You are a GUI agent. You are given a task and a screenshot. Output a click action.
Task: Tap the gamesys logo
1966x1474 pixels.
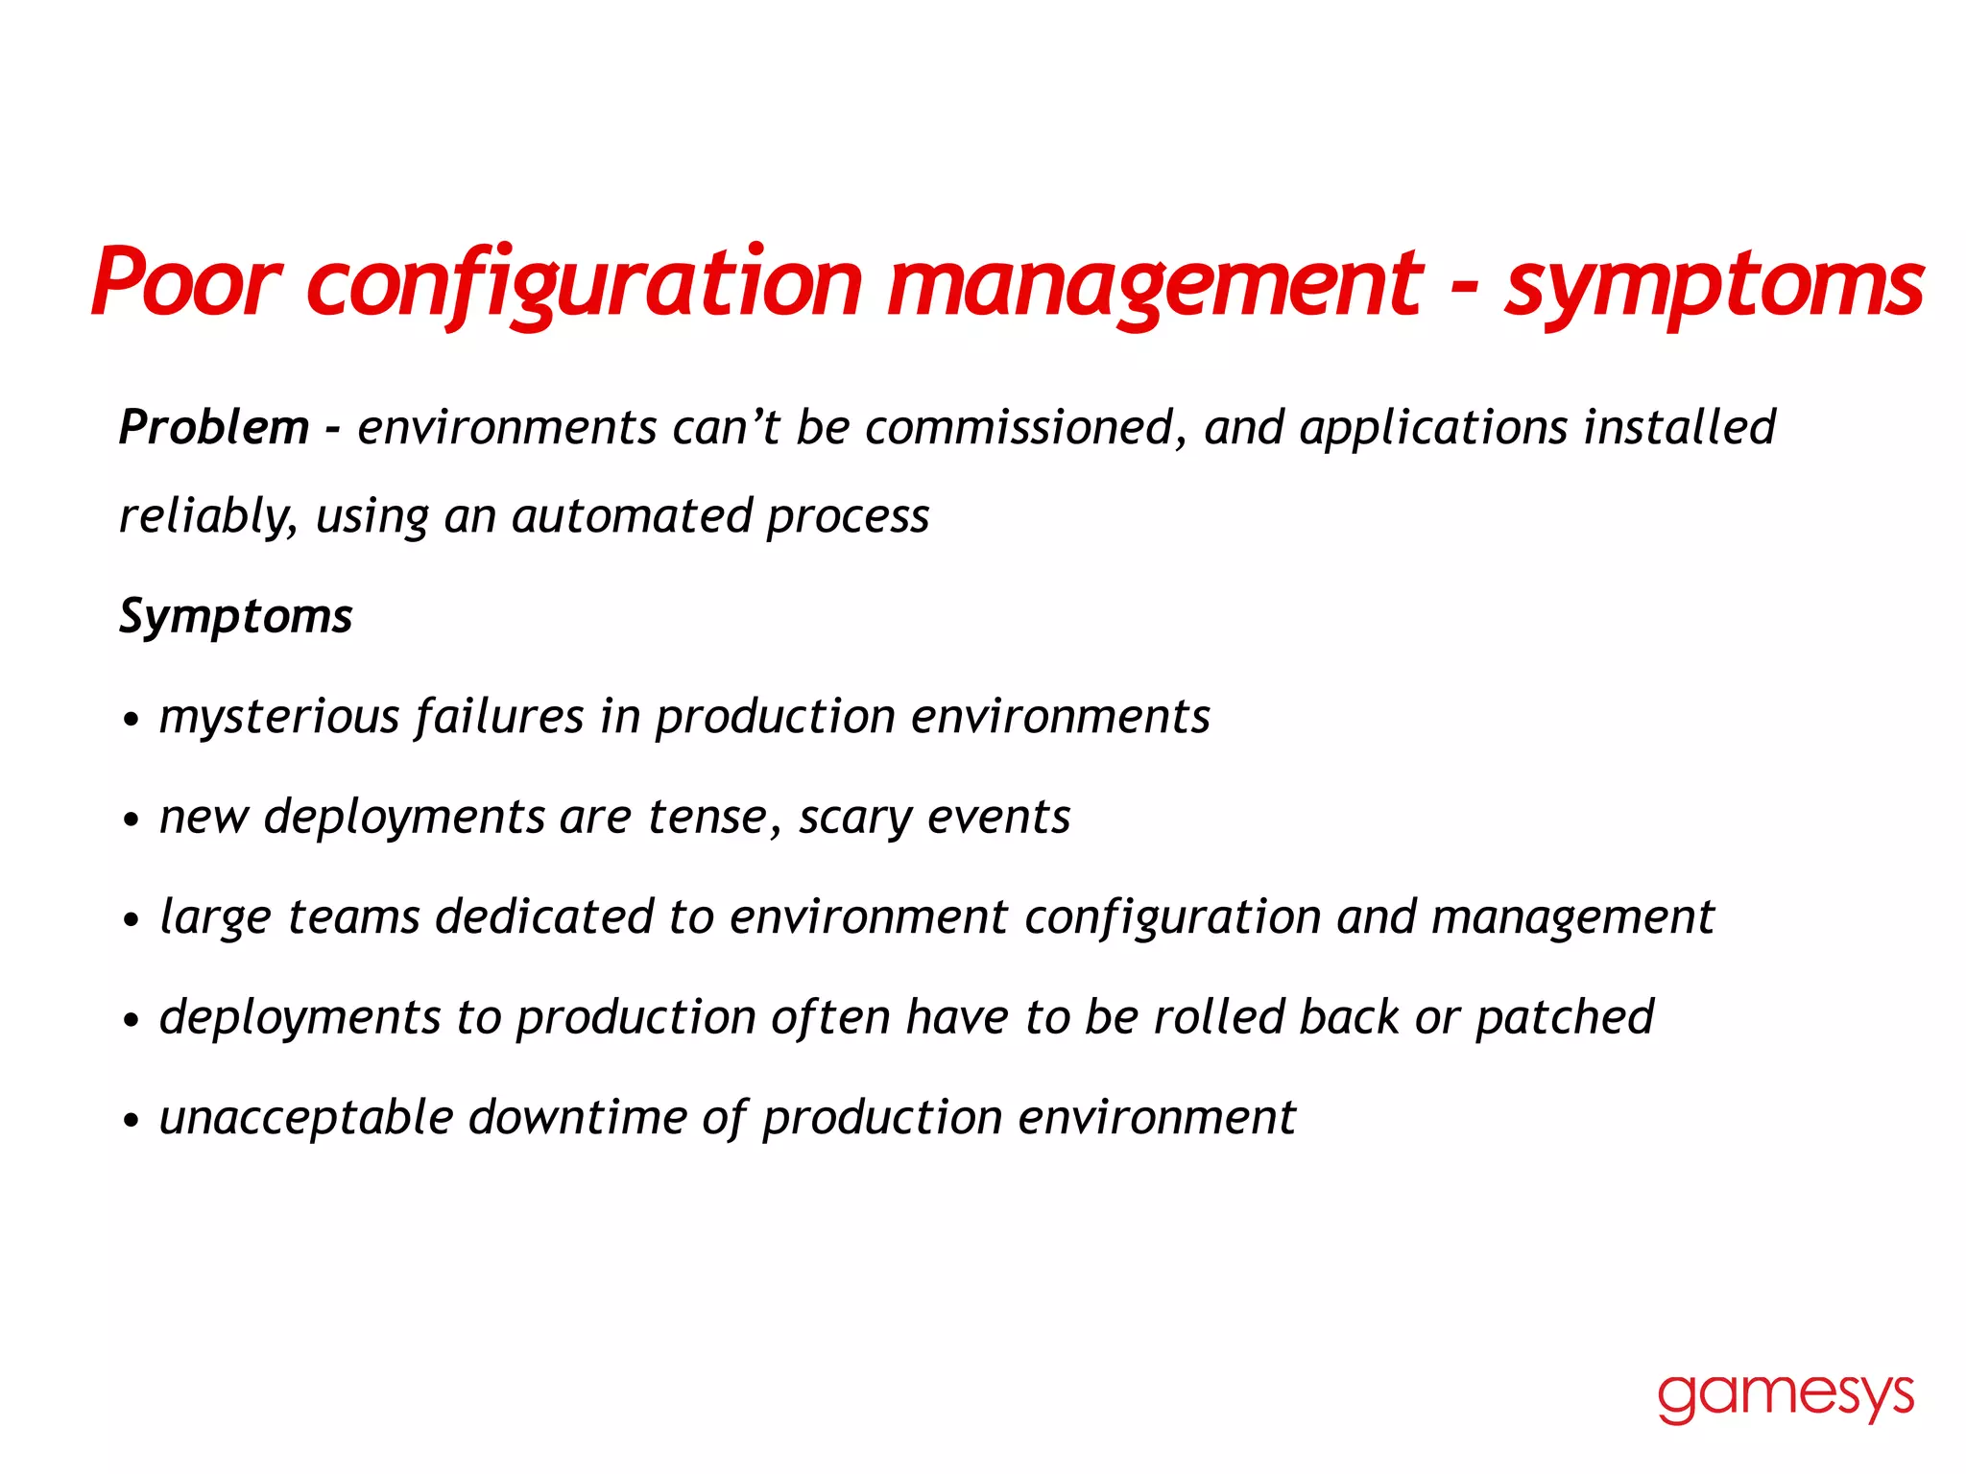tap(1786, 1396)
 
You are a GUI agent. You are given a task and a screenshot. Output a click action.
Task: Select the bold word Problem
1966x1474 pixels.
tap(213, 428)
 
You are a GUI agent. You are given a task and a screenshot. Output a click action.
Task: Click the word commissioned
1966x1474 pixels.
tap(1019, 428)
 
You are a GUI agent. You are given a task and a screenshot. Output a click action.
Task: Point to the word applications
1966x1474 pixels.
tap(1434, 428)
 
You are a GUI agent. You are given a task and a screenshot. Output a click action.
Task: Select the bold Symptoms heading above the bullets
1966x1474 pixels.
tap(236, 616)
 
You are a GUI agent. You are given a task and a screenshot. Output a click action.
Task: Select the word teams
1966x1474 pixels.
tap(353, 917)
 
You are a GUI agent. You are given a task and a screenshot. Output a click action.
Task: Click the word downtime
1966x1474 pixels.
tap(576, 1118)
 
